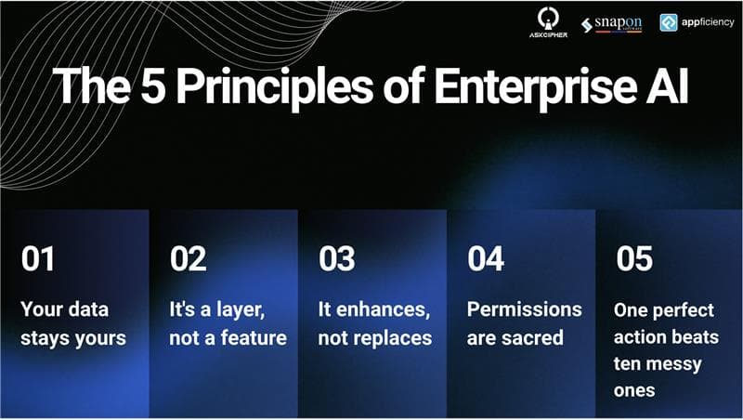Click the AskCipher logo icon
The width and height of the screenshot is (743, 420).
(548, 19)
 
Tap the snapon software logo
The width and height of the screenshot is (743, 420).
(612, 24)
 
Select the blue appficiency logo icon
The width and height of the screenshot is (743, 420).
(669, 22)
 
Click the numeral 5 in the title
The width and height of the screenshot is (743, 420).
(153, 85)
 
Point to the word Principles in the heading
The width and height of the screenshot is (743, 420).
(274, 88)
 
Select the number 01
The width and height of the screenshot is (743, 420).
(37, 259)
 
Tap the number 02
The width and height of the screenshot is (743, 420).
(189, 259)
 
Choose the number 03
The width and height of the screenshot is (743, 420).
(337, 259)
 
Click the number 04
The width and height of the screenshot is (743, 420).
(486, 259)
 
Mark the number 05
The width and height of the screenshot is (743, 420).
(634, 259)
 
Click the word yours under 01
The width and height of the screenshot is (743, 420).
(100, 339)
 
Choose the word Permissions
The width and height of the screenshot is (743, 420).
(524, 309)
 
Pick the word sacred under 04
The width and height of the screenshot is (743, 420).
(537, 338)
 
